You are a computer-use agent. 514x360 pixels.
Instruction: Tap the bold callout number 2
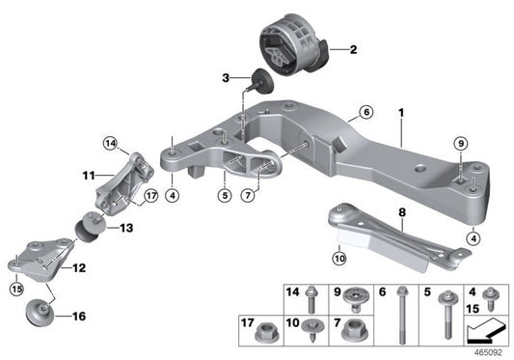point(353,48)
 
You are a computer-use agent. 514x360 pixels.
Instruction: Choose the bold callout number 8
point(403,209)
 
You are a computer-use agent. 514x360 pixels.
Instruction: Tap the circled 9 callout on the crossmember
point(461,144)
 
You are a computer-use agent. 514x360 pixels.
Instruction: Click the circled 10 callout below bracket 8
point(338,258)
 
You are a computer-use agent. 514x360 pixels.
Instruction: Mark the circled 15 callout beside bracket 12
point(15,288)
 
